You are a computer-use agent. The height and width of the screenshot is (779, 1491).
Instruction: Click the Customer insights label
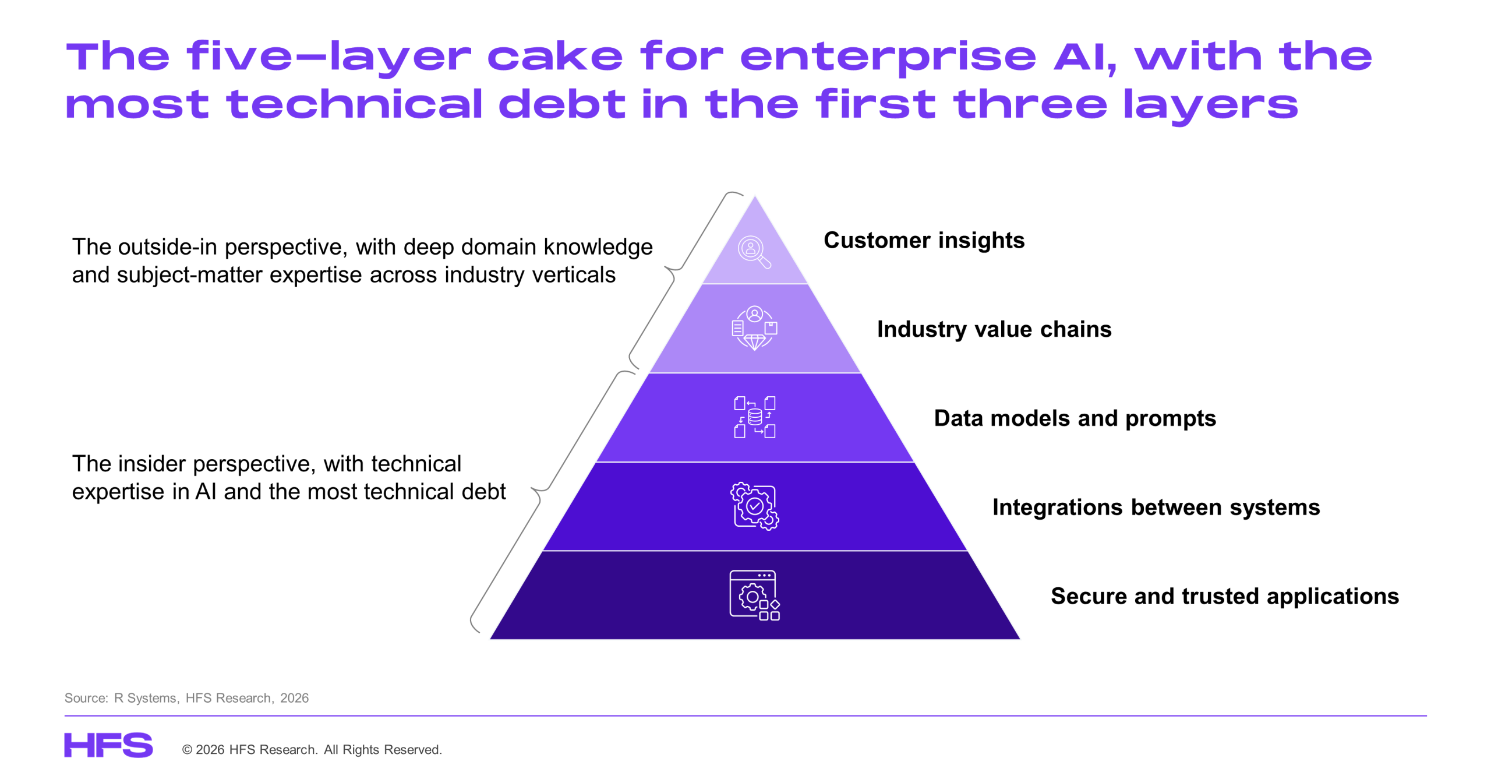[x=923, y=240]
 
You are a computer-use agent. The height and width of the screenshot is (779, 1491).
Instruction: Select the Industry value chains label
[x=994, y=329]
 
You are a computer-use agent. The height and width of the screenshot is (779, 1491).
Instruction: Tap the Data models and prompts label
[x=1075, y=418]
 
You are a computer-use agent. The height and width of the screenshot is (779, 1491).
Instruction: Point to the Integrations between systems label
[x=1156, y=507]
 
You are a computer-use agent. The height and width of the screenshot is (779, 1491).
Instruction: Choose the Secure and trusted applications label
[x=1224, y=596]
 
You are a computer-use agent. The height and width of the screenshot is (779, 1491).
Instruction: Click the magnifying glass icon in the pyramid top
[x=754, y=252]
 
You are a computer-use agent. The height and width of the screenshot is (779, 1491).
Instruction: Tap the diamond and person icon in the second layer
[x=754, y=328]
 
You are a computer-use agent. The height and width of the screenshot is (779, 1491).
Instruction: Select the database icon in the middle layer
[x=754, y=417]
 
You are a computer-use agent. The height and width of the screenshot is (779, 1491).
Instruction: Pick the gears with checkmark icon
[x=754, y=506]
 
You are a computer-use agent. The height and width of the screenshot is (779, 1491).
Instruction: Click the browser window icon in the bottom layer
[x=754, y=595]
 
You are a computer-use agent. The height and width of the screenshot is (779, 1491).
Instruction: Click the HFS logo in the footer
[x=108, y=745]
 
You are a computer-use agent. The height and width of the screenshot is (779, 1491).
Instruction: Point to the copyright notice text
[x=312, y=749]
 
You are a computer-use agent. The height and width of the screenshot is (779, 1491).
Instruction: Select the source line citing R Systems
[x=186, y=697]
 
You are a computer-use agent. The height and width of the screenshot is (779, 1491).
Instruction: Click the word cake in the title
[x=554, y=57]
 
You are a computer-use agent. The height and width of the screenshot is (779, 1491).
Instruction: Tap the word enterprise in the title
[x=888, y=57]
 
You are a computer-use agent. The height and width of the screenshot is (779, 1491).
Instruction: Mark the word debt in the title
[x=561, y=105]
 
